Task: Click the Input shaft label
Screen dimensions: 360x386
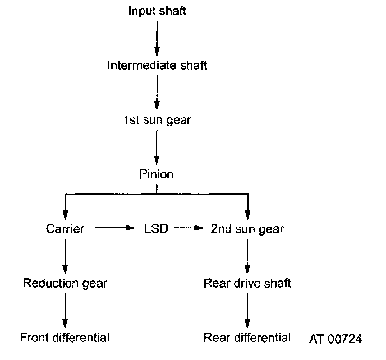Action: click(157, 11)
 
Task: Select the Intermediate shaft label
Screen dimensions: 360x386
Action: click(157, 66)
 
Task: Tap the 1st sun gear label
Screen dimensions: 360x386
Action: click(157, 120)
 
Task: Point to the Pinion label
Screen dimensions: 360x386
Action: click(157, 174)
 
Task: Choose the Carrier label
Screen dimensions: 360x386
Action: click(65, 229)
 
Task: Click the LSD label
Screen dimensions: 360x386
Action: click(157, 229)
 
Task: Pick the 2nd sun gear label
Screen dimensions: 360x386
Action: click(247, 229)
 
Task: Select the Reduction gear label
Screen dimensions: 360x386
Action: click(65, 283)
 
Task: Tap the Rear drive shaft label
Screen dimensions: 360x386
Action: click(247, 283)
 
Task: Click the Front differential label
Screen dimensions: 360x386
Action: click(65, 338)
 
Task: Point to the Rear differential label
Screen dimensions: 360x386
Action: click(247, 338)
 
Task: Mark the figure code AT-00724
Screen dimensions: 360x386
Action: click(336, 339)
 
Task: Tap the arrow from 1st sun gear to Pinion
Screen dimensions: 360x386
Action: click(157, 147)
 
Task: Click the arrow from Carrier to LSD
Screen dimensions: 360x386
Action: click(116, 229)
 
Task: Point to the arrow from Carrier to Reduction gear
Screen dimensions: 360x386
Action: click(65, 256)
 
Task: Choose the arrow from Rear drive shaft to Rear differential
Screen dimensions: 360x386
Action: click(247, 310)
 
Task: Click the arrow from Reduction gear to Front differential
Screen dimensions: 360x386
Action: click(65, 310)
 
